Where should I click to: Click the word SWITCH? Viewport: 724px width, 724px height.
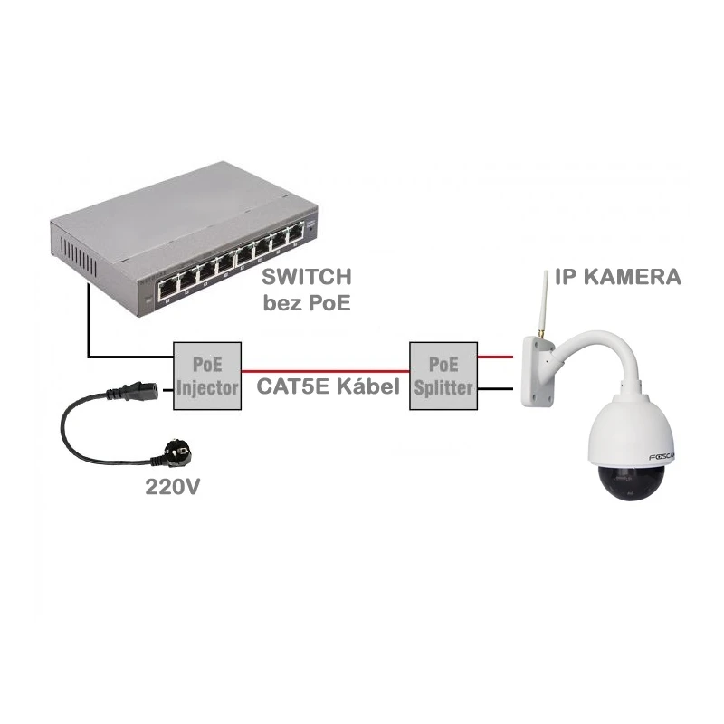pos(306,276)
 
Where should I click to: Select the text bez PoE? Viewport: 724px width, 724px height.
pos(306,303)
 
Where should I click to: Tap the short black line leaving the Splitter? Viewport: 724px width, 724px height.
pos(494,390)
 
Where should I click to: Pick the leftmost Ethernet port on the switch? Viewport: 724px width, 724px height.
pos(169,287)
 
